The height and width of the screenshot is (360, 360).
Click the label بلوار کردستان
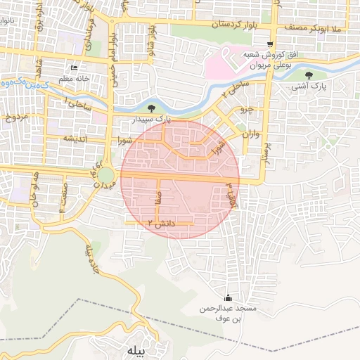(236, 25)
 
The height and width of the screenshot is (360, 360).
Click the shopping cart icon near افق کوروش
(271, 44)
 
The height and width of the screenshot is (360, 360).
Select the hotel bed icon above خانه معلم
(75, 68)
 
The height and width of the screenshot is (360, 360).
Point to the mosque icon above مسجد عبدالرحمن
(227, 298)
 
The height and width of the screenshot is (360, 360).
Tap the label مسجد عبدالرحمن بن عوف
(236, 314)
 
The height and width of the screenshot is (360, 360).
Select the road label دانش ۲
(160, 223)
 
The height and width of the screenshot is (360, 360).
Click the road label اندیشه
(75, 139)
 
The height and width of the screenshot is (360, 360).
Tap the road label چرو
(246, 110)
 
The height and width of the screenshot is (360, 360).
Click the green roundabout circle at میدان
(105, 174)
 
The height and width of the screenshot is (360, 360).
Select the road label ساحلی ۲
(236, 88)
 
